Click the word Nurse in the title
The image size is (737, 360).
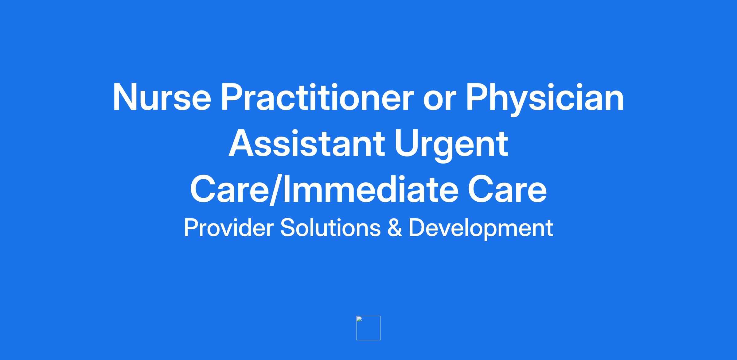pyautogui.click(x=162, y=97)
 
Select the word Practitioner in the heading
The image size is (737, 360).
pyautogui.click(x=316, y=97)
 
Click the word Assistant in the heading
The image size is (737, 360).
pyautogui.click(x=307, y=144)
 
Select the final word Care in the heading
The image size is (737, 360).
pyautogui.click(x=507, y=189)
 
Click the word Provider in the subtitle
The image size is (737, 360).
pyautogui.click(x=228, y=228)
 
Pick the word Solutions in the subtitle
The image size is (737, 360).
pyautogui.click(x=330, y=228)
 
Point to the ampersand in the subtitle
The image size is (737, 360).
pyautogui.click(x=395, y=228)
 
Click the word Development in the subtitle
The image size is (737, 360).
pyautogui.click(x=481, y=229)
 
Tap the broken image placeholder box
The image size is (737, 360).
pyautogui.click(x=368, y=328)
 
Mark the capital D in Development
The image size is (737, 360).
pyautogui.click(x=417, y=228)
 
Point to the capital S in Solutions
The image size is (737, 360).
pyautogui.click(x=288, y=228)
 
